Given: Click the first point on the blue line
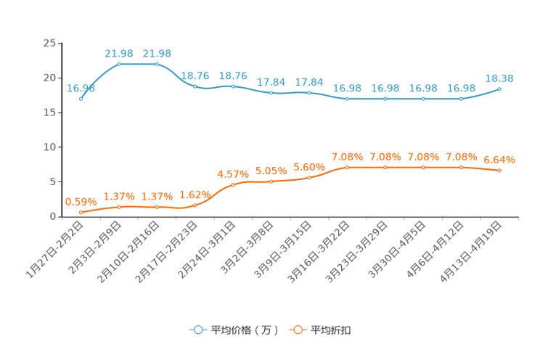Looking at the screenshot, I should click(81, 99).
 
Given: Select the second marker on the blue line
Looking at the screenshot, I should click(119, 64).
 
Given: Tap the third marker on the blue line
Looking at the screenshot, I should click(157, 64).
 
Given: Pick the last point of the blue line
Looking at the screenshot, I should click(499, 89).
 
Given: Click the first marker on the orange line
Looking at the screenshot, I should click(81, 212).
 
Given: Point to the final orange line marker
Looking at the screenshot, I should click(499, 171).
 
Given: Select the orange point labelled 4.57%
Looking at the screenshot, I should click(233, 184).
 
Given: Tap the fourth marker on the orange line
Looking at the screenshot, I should click(195, 205).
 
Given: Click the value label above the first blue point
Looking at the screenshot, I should click(81, 88).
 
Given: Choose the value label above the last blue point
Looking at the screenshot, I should click(499, 77).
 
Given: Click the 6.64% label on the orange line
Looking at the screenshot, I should click(499, 159).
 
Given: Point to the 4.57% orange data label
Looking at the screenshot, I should click(233, 173).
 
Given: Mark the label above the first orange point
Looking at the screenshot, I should click(80, 201).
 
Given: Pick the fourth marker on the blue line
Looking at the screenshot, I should click(195, 86).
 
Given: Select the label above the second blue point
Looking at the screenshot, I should click(119, 53).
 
